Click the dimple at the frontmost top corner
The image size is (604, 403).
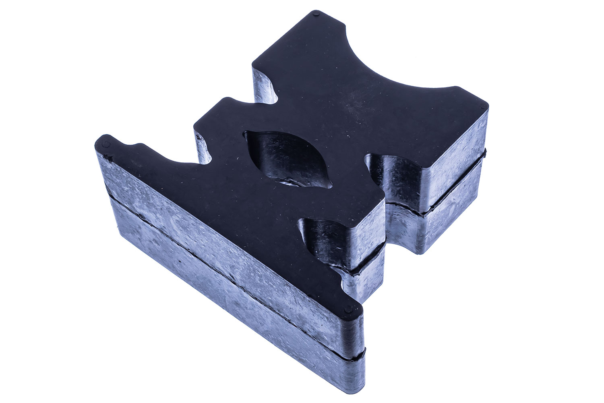coord(349,311)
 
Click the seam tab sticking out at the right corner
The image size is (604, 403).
coord(485,152)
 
